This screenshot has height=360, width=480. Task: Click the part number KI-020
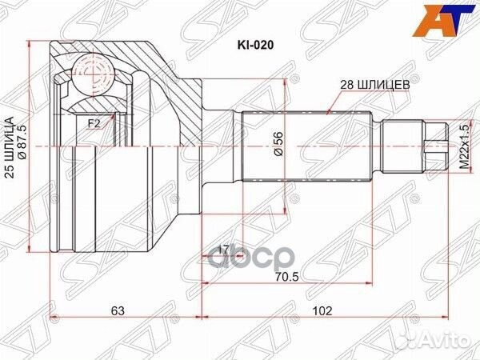tap(255, 45)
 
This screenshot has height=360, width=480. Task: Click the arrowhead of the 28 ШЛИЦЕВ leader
tap(330, 112)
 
